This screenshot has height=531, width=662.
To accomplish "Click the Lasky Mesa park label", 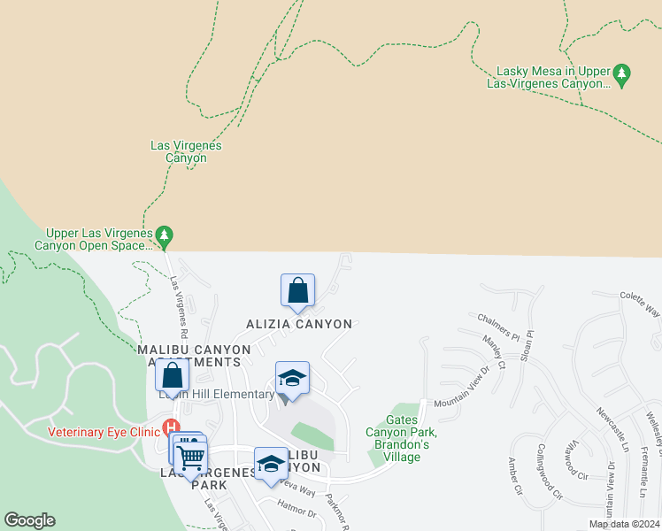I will (549, 77).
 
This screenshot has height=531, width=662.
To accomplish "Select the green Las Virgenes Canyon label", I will (186, 151).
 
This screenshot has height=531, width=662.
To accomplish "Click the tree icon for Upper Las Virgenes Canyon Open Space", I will (164, 235).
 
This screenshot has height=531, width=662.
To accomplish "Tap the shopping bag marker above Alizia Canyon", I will (297, 290).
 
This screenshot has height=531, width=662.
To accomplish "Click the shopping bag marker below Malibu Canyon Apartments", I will (172, 375).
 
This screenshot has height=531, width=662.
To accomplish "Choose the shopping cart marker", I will (190, 458).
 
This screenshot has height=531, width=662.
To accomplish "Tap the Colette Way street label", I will (640, 304).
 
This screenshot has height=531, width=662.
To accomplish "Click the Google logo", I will (29, 520).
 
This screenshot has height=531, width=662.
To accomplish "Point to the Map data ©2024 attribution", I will (624, 524).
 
